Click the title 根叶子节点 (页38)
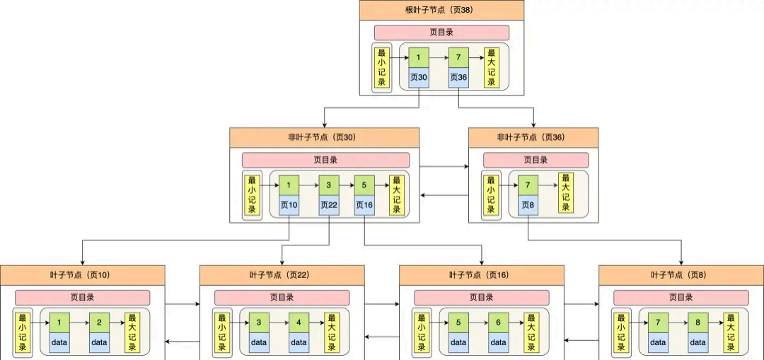[441, 10]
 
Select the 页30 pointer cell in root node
[419, 77]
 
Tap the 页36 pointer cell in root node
[458, 77]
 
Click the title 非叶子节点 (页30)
[324, 137]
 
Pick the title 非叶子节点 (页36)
[533, 137]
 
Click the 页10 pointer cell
[289, 205]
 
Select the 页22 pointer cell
[328, 205]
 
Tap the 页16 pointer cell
[364, 205]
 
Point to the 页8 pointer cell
[528, 205]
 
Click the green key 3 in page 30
[328, 185]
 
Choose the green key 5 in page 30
[364, 185]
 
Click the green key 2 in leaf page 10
[99, 323]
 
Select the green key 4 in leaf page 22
[299, 323]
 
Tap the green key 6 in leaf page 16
[498, 323]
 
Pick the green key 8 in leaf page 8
[698, 323]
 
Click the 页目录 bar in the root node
[441, 33]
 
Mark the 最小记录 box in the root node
[382, 68]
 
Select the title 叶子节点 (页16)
[481, 274]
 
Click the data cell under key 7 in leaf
[658, 342]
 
